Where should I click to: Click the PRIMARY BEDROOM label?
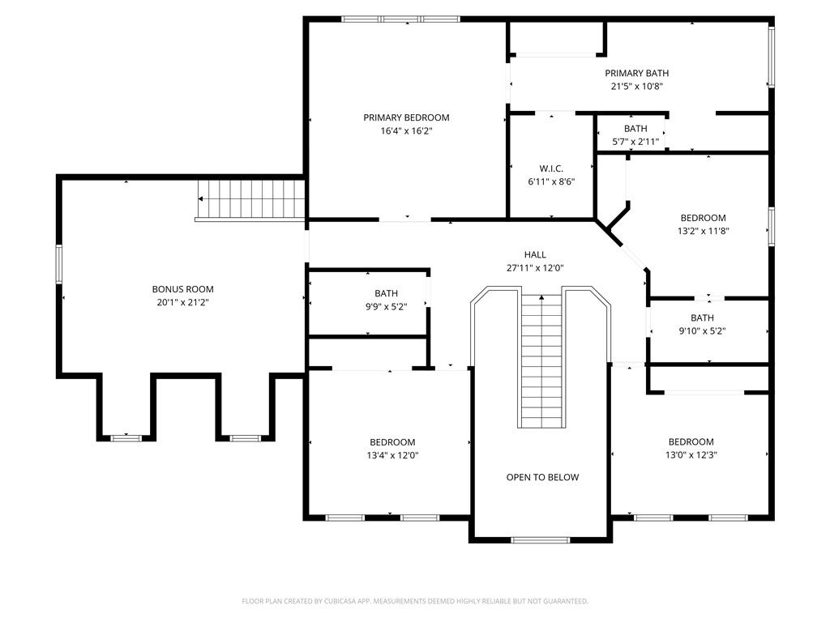406,117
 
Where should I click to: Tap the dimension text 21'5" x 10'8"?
637,86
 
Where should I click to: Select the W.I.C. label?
551,168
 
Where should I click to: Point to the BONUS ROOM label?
182,289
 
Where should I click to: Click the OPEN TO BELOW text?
542,477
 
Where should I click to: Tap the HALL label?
535,254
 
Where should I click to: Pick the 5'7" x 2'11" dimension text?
635,142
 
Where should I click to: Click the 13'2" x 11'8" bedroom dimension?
703,231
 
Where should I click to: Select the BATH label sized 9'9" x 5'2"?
387,293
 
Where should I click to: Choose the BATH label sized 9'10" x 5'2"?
703,317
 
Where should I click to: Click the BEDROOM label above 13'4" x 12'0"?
392,442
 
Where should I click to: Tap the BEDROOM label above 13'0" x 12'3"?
691,441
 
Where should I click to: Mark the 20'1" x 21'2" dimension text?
182,303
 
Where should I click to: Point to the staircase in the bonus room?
251,199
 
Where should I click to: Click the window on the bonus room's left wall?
59,264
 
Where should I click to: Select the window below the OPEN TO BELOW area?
541,540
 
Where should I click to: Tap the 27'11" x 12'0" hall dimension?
535,268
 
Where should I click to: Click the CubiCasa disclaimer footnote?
415,602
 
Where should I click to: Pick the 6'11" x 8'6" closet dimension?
551,182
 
